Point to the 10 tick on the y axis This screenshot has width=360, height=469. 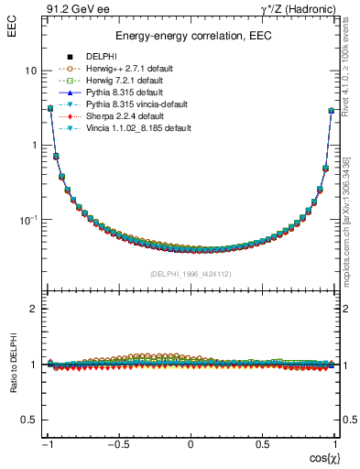(x=31, y=71)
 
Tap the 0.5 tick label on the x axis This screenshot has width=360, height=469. (x=262, y=445)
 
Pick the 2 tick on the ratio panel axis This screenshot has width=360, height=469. (x=33, y=310)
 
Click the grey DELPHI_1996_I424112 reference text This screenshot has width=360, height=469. (x=191, y=274)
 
